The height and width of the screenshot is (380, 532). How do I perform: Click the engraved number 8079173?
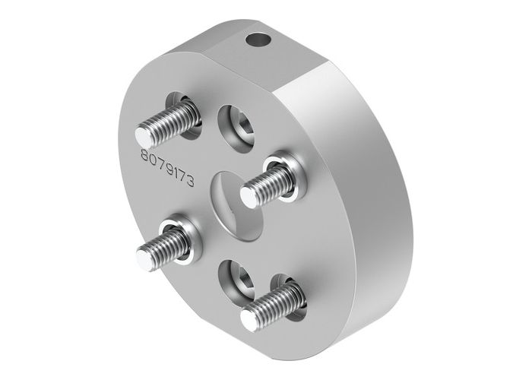[x=168, y=167]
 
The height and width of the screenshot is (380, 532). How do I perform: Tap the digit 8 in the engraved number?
[x=144, y=154]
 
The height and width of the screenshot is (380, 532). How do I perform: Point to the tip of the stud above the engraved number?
[x=144, y=137]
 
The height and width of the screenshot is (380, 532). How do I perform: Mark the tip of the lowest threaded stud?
[x=249, y=318]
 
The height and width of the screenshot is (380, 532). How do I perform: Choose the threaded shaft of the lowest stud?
[x=274, y=304]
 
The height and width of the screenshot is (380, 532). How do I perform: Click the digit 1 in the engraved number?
[x=176, y=173]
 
